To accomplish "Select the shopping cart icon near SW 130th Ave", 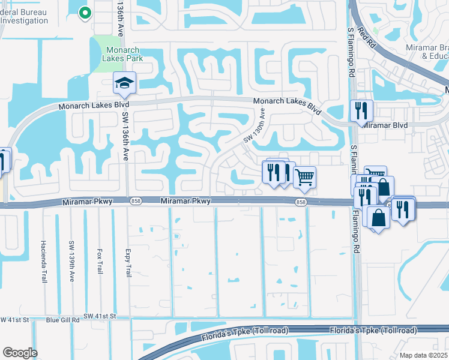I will point(305,177).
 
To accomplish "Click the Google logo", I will point(20,353).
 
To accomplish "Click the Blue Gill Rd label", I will point(63,320).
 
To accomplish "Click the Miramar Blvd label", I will point(383,125).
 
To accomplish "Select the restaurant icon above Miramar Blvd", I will point(361,110).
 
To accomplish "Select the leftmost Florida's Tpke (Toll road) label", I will point(247,331).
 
